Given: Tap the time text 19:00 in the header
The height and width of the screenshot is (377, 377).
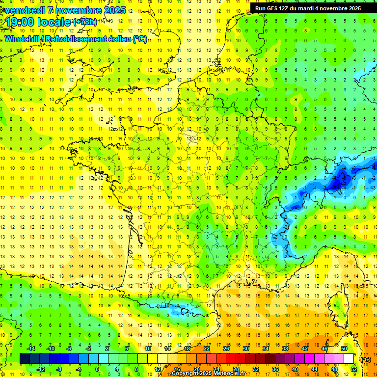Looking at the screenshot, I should [21, 22].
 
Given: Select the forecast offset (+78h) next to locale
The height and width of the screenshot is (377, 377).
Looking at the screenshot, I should [84, 22].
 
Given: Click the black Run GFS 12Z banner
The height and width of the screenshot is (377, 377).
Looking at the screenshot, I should [308, 8].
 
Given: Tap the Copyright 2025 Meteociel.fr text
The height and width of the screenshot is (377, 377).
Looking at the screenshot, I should [208, 374].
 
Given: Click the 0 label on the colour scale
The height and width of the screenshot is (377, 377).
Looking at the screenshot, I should [97, 369].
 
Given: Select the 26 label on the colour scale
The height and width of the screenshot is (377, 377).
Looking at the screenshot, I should [226, 349].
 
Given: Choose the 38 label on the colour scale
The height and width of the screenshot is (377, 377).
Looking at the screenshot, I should [285, 349].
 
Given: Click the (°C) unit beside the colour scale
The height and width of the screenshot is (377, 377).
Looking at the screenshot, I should [366, 359].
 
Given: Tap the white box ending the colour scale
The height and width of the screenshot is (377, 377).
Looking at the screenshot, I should [349, 358].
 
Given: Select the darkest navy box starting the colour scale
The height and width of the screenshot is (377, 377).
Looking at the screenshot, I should [25, 358].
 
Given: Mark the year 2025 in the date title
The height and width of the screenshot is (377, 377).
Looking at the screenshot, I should [114, 10].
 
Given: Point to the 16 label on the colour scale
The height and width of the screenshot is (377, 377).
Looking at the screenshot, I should [177, 369].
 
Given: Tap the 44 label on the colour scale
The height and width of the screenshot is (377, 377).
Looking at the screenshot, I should [315, 369].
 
